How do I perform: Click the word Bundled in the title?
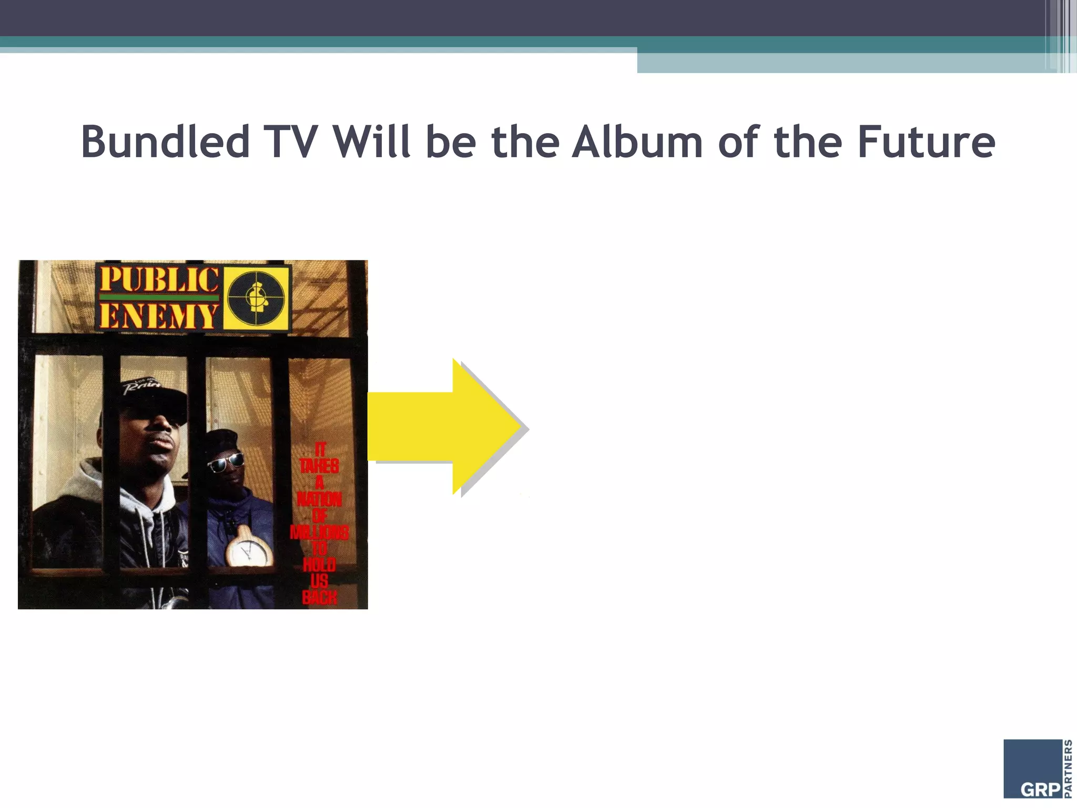[165, 142]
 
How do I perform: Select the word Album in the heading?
[637, 142]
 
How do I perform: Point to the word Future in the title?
[926, 142]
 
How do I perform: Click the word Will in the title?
[371, 142]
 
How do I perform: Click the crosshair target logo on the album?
[257, 298]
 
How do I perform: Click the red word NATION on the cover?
[319, 499]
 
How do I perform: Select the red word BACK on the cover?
[319, 597]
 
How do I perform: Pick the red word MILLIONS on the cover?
[319, 532]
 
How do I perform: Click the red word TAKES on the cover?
[319, 466]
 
